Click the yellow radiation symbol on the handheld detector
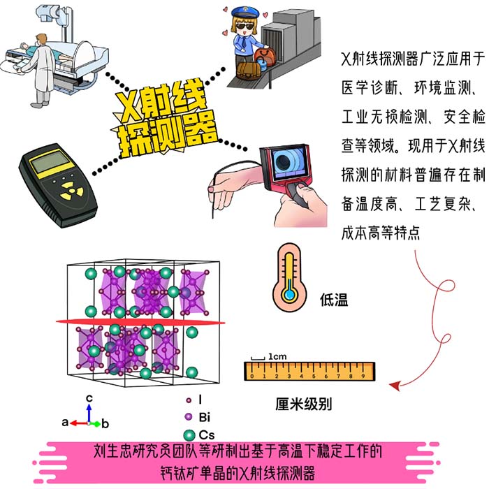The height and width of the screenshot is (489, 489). pos(72,190)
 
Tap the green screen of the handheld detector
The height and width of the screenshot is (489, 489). pos(50,162)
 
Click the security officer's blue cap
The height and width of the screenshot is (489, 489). pos(245,13)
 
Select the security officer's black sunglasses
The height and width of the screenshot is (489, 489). pos(245,26)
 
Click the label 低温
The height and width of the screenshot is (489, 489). pos(334,300)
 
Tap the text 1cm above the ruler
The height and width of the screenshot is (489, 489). pos(277,356)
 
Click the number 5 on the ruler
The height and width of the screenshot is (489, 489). pos(314,376)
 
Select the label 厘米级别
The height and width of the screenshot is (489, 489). pos(303,404)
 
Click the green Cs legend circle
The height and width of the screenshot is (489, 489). pos(189,435)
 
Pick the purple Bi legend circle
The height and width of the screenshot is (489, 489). pos(189,416)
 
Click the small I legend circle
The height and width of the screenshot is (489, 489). pos(189,400)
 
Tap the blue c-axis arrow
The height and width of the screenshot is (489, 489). pos(89,414)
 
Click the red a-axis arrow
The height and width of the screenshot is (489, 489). pos(79,423)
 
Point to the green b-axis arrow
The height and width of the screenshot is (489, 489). pos(96,424)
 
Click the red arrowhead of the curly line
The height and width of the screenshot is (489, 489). pos(395,386)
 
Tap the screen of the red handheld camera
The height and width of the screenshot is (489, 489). pos(288,162)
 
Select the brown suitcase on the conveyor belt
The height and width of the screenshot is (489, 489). pos(249,70)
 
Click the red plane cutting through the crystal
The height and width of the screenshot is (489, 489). pos(140,321)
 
